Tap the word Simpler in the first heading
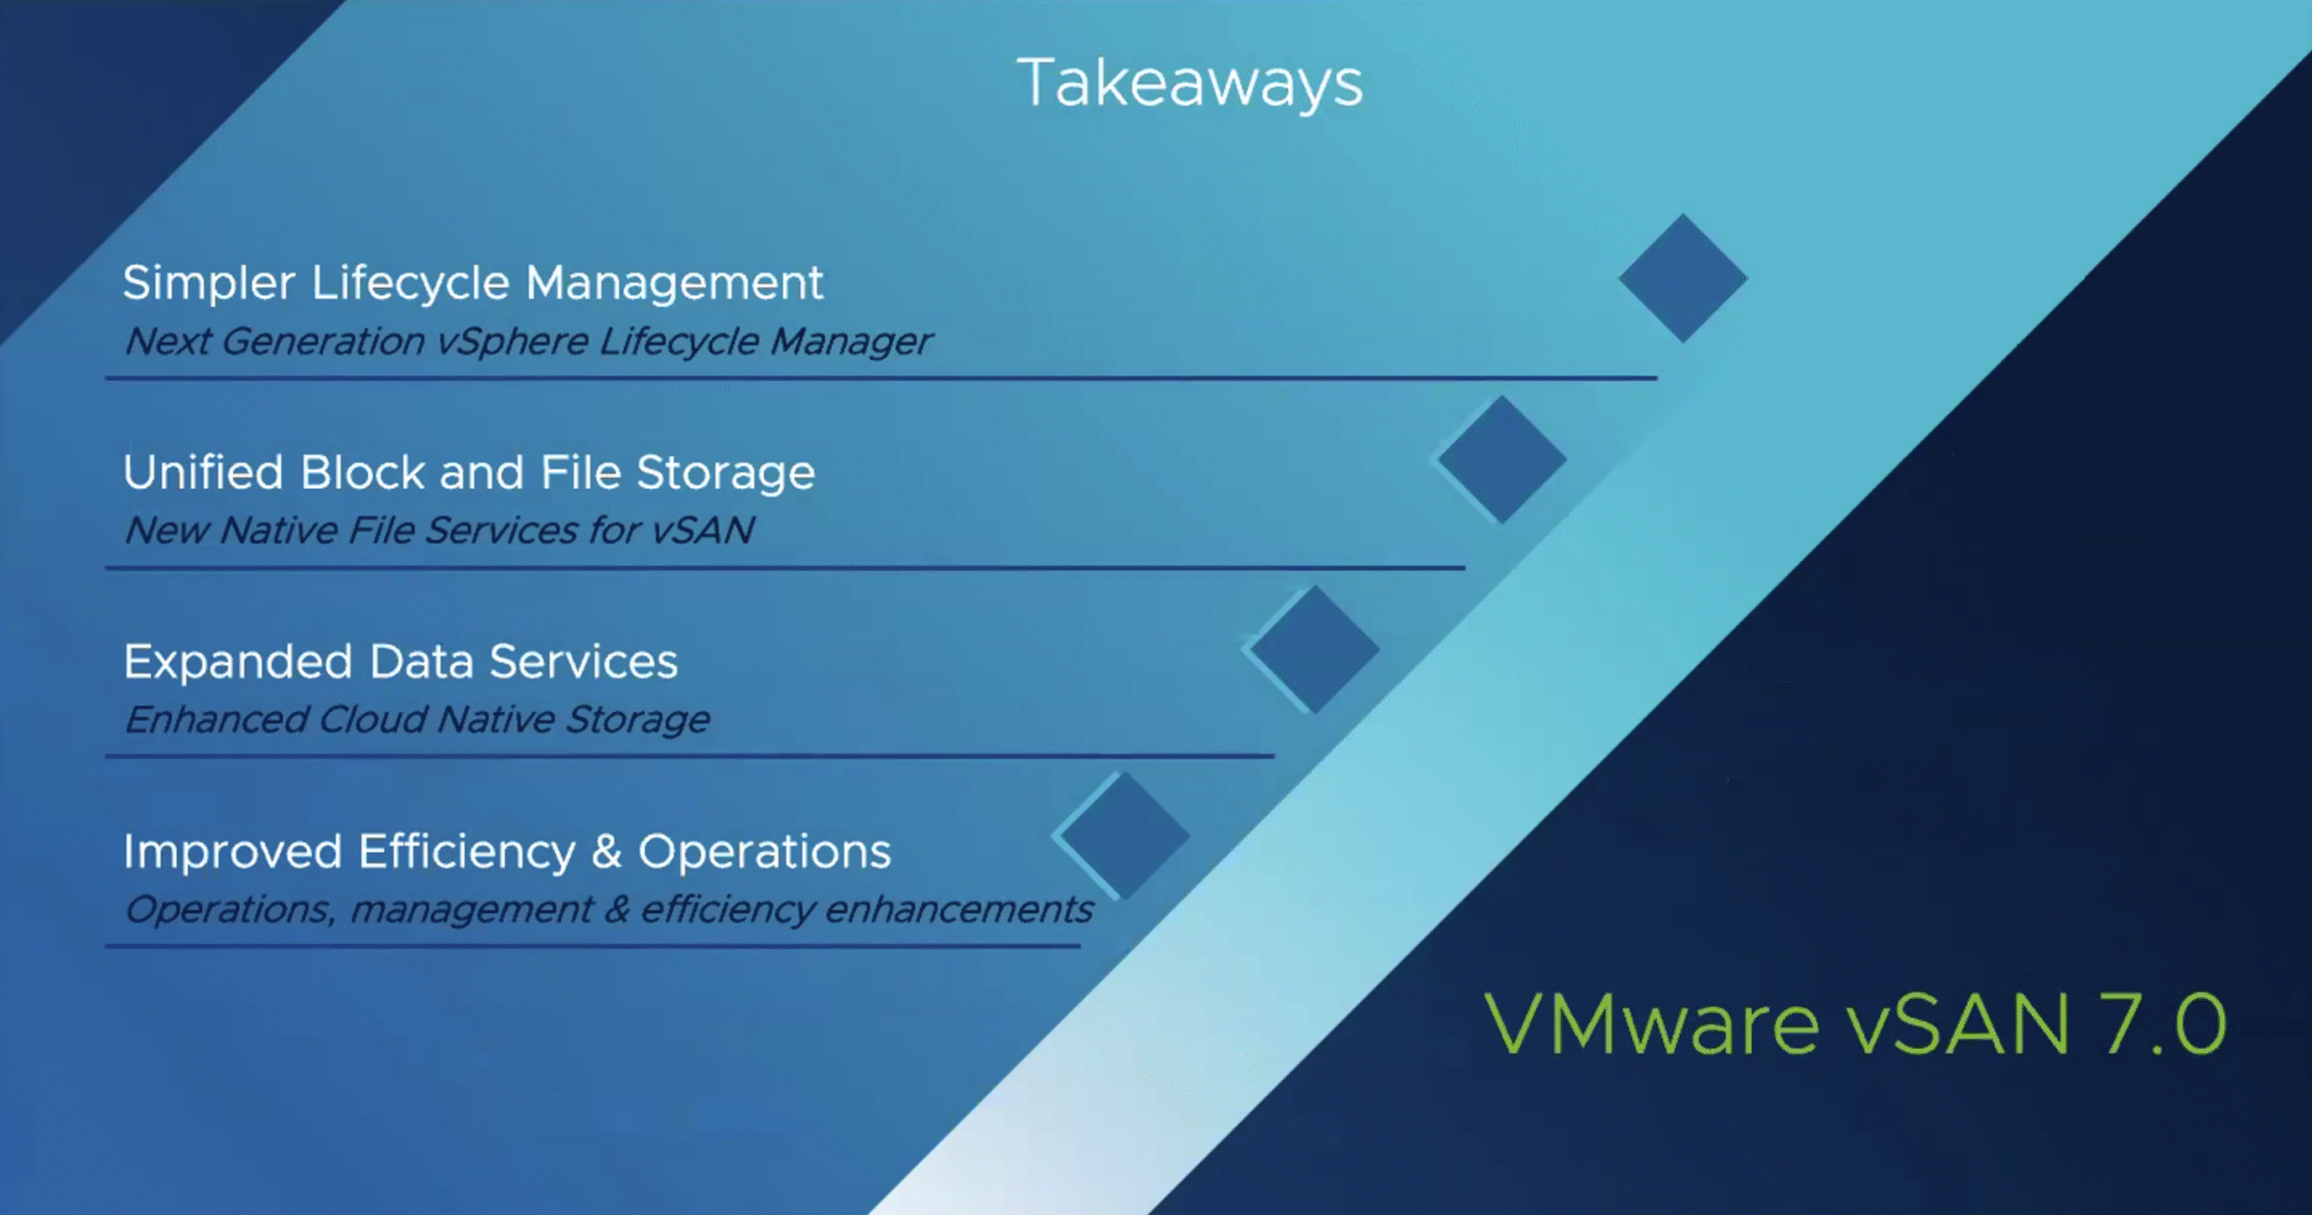[209, 285]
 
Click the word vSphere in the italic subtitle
[512, 342]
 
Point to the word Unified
[204, 472]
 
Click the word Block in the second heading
[363, 472]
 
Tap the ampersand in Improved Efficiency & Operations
[607, 852]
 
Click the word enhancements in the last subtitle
[959, 909]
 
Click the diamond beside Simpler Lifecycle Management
[1683, 278]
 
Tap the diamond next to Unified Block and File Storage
[1502, 460]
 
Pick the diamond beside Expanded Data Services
[1315, 650]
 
